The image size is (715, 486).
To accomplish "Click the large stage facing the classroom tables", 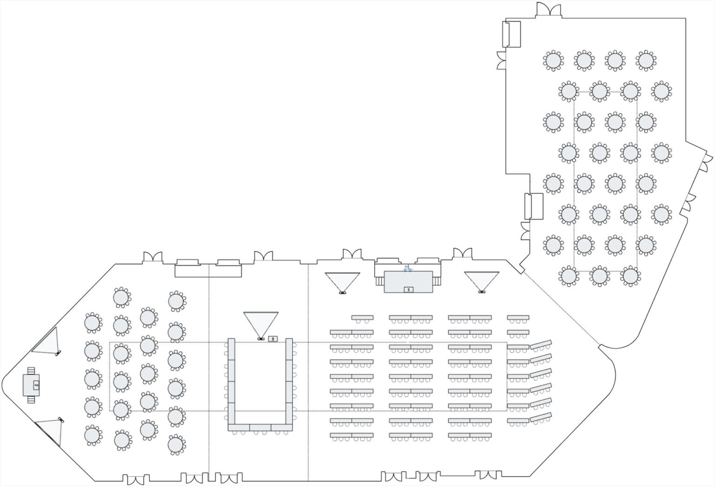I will (408, 281).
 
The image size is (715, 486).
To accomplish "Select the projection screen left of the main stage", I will (342, 280).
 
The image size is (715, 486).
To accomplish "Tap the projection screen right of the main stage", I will (481, 280).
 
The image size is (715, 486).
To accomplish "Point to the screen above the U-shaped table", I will (261, 322).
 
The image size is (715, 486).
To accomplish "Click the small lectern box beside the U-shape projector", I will (273, 339).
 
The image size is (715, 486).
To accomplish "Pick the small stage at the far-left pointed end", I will (31, 385).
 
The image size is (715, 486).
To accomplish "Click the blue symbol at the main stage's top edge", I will (408, 268).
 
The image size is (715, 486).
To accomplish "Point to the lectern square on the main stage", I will (408, 289).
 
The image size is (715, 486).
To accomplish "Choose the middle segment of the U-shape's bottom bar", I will (260, 427).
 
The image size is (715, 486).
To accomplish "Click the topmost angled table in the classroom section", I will (541, 344).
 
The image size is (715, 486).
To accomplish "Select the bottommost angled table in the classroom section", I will (541, 417).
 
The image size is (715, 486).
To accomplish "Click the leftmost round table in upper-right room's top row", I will (553, 60).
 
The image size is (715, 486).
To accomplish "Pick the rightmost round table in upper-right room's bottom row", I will (630, 276).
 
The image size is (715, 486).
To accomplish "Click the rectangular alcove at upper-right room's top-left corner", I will (512, 33).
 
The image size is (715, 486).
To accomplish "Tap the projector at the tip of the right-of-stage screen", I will (482, 292).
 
